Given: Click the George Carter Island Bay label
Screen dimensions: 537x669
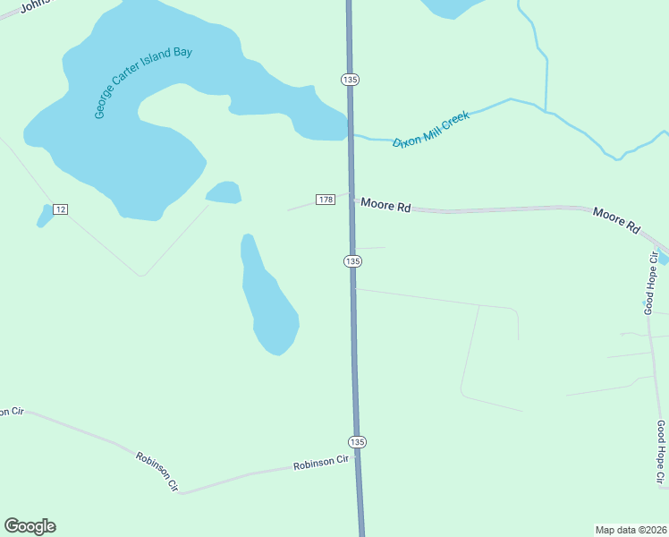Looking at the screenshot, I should click(143, 82).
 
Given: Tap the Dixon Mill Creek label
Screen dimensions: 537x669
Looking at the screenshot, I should click(431, 131).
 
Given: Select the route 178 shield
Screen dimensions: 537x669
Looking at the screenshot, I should click(325, 199).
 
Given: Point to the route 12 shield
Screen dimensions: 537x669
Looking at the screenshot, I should click(60, 209).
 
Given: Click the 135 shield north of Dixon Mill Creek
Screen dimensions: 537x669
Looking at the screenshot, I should click(350, 80).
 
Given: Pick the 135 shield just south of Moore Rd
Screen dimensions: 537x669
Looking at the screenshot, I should click(352, 260).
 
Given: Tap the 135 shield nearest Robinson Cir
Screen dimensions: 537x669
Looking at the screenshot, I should click(357, 442).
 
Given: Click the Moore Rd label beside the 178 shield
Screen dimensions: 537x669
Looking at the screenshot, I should click(385, 205).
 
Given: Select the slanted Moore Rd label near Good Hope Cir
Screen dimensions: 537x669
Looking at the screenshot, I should click(617, 221).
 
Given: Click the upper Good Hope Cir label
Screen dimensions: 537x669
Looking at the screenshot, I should click(650, 283).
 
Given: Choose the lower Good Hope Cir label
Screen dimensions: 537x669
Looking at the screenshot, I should click(660, 452).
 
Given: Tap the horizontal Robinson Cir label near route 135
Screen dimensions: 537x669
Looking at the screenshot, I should click(320, 464).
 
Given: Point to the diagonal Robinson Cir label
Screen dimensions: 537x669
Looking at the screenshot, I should click(158, 472).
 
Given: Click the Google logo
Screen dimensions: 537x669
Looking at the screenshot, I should click(30, 526).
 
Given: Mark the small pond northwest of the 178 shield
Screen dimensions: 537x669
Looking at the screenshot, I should click(224, 192).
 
